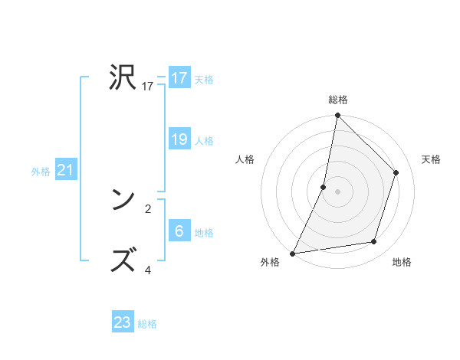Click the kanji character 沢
[123, 77]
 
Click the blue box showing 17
[179, 78]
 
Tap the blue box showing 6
[179, 231]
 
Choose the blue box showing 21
[66, 170]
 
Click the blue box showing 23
[123, 322]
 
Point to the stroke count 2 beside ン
[148, 208]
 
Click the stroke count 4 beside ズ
[148, 270]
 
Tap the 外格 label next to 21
[41, 172]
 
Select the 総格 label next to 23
[147, 324]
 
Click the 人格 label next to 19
[204, 141]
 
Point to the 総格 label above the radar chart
[337, 100]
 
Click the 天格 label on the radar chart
[431, 159]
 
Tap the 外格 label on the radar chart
[270, 263]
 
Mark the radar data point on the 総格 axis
[337, 116]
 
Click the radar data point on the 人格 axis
[324, 186]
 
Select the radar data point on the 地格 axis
[374, 242]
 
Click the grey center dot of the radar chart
[337, 191]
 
